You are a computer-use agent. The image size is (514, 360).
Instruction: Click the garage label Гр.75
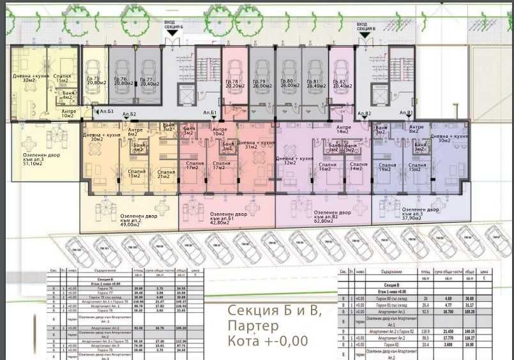point(95,80)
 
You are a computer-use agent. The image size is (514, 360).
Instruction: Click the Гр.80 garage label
point(286,82)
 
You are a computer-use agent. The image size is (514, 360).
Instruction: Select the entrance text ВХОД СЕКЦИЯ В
point(367,29)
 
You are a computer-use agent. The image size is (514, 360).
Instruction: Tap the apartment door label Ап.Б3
point(106,111)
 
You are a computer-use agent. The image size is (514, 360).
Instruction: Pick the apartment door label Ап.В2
point(364,114)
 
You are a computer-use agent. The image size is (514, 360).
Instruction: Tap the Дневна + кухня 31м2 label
point(255,146)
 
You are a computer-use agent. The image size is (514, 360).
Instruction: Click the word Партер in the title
point(249,326)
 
